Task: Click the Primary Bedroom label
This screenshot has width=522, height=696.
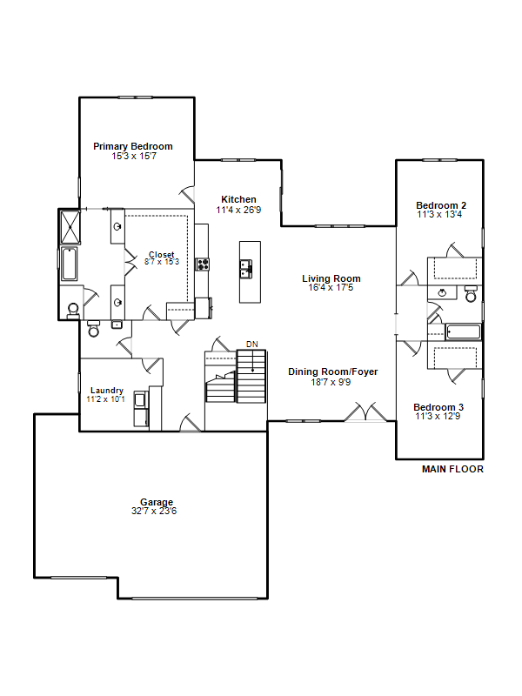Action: [133, 146]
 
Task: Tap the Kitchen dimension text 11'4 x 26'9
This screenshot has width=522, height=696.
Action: [238, 210]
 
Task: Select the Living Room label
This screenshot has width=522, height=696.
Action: [331, 278]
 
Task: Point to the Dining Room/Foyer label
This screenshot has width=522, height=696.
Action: [333, 371]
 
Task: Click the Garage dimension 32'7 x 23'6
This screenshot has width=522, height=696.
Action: [154, 511]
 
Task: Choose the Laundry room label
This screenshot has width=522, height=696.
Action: [106, 390]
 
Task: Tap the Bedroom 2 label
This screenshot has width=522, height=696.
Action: [441, 205]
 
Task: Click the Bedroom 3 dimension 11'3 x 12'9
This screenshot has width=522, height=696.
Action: [438, 417]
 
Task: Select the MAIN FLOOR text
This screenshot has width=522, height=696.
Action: [452, 469]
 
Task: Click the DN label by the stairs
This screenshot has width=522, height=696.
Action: [251, 344]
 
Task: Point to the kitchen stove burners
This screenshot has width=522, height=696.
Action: [203, 264]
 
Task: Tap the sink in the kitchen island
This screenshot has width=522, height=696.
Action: [246, 269]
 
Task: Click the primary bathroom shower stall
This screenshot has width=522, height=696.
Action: [70, 226]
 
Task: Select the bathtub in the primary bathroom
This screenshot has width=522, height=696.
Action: [70, 264]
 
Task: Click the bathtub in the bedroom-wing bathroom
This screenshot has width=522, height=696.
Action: [463, 332]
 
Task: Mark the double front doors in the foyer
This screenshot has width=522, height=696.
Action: [365, 412]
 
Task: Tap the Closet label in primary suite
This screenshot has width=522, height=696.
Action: [162, 254]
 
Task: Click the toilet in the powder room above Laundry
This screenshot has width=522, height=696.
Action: [94, 329]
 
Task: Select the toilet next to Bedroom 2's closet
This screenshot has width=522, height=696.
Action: [471, 294]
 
